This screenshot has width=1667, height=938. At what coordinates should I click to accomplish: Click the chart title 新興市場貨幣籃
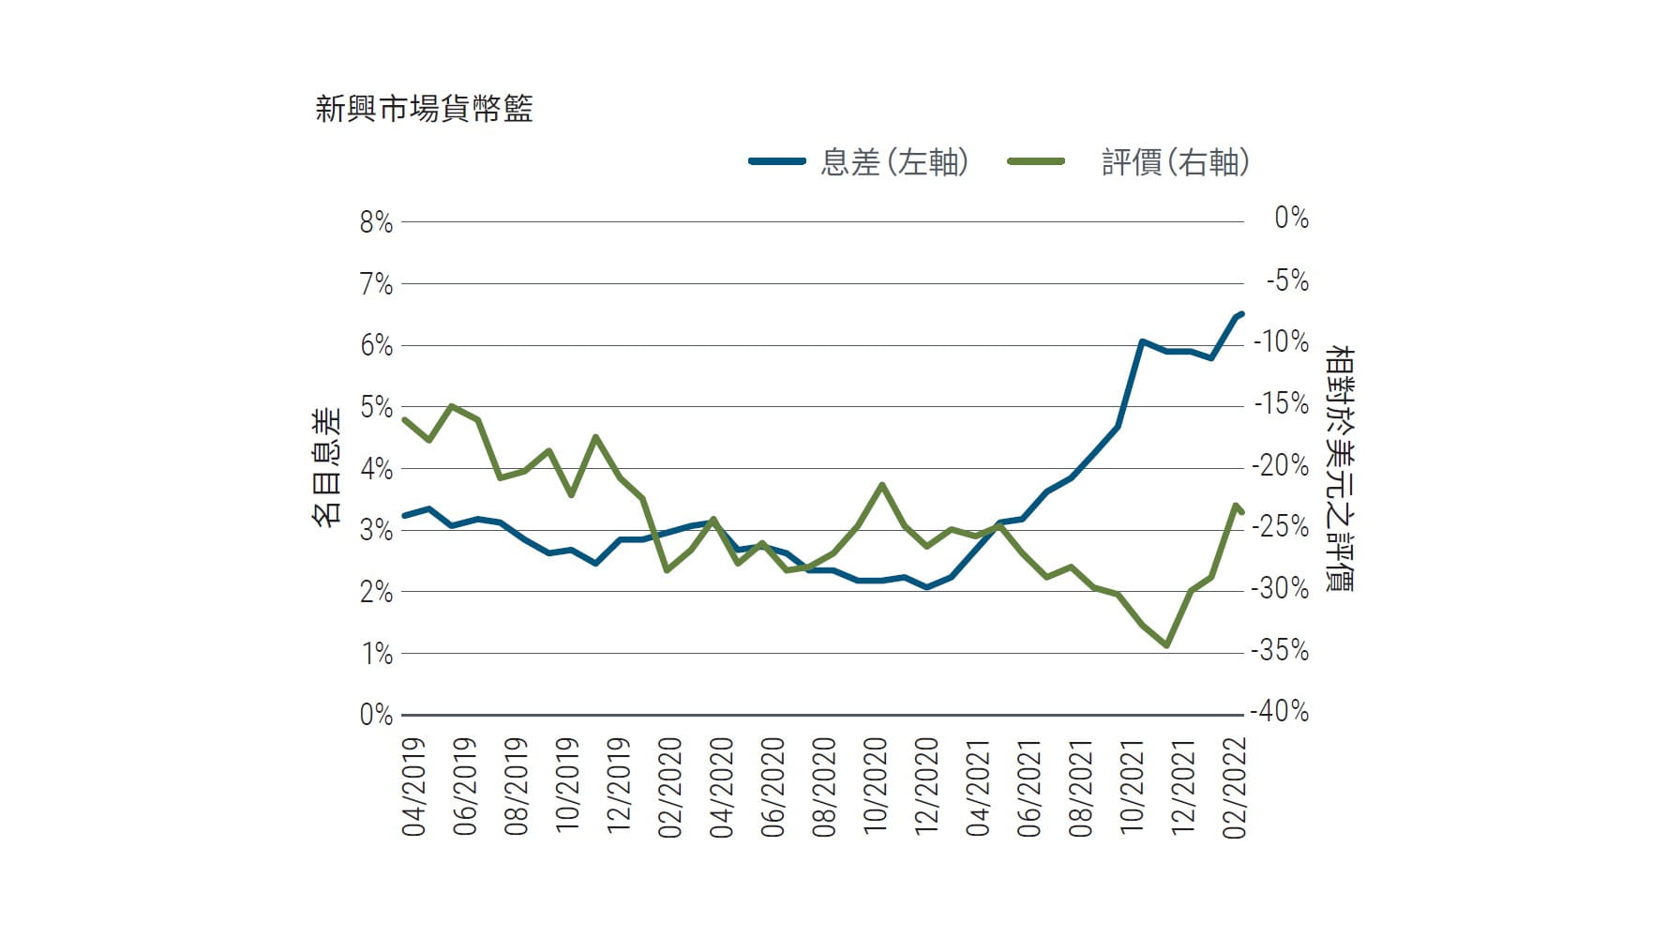(x=424, y=109)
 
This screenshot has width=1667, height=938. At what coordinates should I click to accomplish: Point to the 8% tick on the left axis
(x=375, y=222)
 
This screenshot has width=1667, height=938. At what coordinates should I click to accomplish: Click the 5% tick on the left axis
(x=375, y=407)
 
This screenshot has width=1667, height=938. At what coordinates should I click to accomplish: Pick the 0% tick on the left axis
(x=375, y=715)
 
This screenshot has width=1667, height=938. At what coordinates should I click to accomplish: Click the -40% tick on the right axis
(x=1280, y=711)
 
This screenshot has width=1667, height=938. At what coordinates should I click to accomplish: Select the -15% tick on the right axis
(x=1280, y=403)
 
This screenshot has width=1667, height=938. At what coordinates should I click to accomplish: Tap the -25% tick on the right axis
(x=1280, y=526)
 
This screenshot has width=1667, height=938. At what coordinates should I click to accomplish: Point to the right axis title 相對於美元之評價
(x=1340, y=468)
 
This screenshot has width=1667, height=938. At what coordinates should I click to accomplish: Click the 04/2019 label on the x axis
(x=413, y=788)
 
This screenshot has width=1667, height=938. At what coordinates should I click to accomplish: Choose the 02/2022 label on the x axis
(x=1235, y=788)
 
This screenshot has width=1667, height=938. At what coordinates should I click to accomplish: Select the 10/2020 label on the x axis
(x=875, y=788)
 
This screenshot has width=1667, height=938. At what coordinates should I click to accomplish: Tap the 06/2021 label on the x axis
(x=1029, y=788)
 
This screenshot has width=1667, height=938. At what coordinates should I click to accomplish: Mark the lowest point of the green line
(x=1166, y=645)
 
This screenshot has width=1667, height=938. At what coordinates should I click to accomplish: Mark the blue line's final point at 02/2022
(x=1241, y=313)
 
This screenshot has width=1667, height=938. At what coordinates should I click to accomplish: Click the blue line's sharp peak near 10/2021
(x=1142, y=342)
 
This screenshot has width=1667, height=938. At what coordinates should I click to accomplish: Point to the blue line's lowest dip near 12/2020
(x=927, y=587)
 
